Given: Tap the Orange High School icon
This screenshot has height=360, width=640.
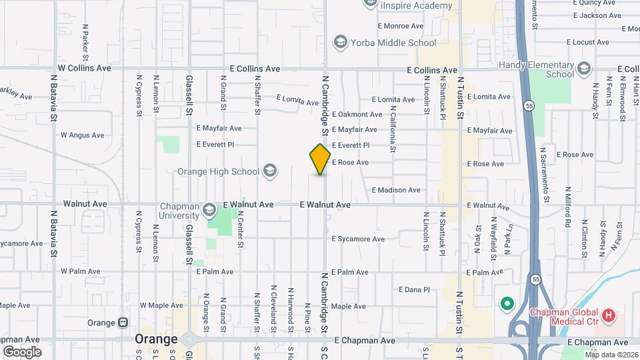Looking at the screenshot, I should coord(269,171).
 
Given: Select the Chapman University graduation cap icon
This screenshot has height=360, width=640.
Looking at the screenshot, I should coord(209,211).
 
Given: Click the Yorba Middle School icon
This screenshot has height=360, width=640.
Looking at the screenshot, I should coord(341,43).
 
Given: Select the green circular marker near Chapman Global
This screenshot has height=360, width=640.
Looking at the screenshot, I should coord(507,305).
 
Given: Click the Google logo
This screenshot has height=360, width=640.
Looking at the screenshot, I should coord(22,351).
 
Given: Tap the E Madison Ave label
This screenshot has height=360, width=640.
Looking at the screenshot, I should coord(396,190).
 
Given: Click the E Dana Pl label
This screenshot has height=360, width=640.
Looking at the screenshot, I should coord(414,289).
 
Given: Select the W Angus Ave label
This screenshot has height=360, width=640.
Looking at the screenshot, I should coord(83,135).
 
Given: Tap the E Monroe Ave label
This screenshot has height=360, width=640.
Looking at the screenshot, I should coord(401,26).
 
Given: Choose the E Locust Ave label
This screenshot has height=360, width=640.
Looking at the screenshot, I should coord(587,42).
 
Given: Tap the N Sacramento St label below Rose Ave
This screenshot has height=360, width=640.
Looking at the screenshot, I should coord(545,170).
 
